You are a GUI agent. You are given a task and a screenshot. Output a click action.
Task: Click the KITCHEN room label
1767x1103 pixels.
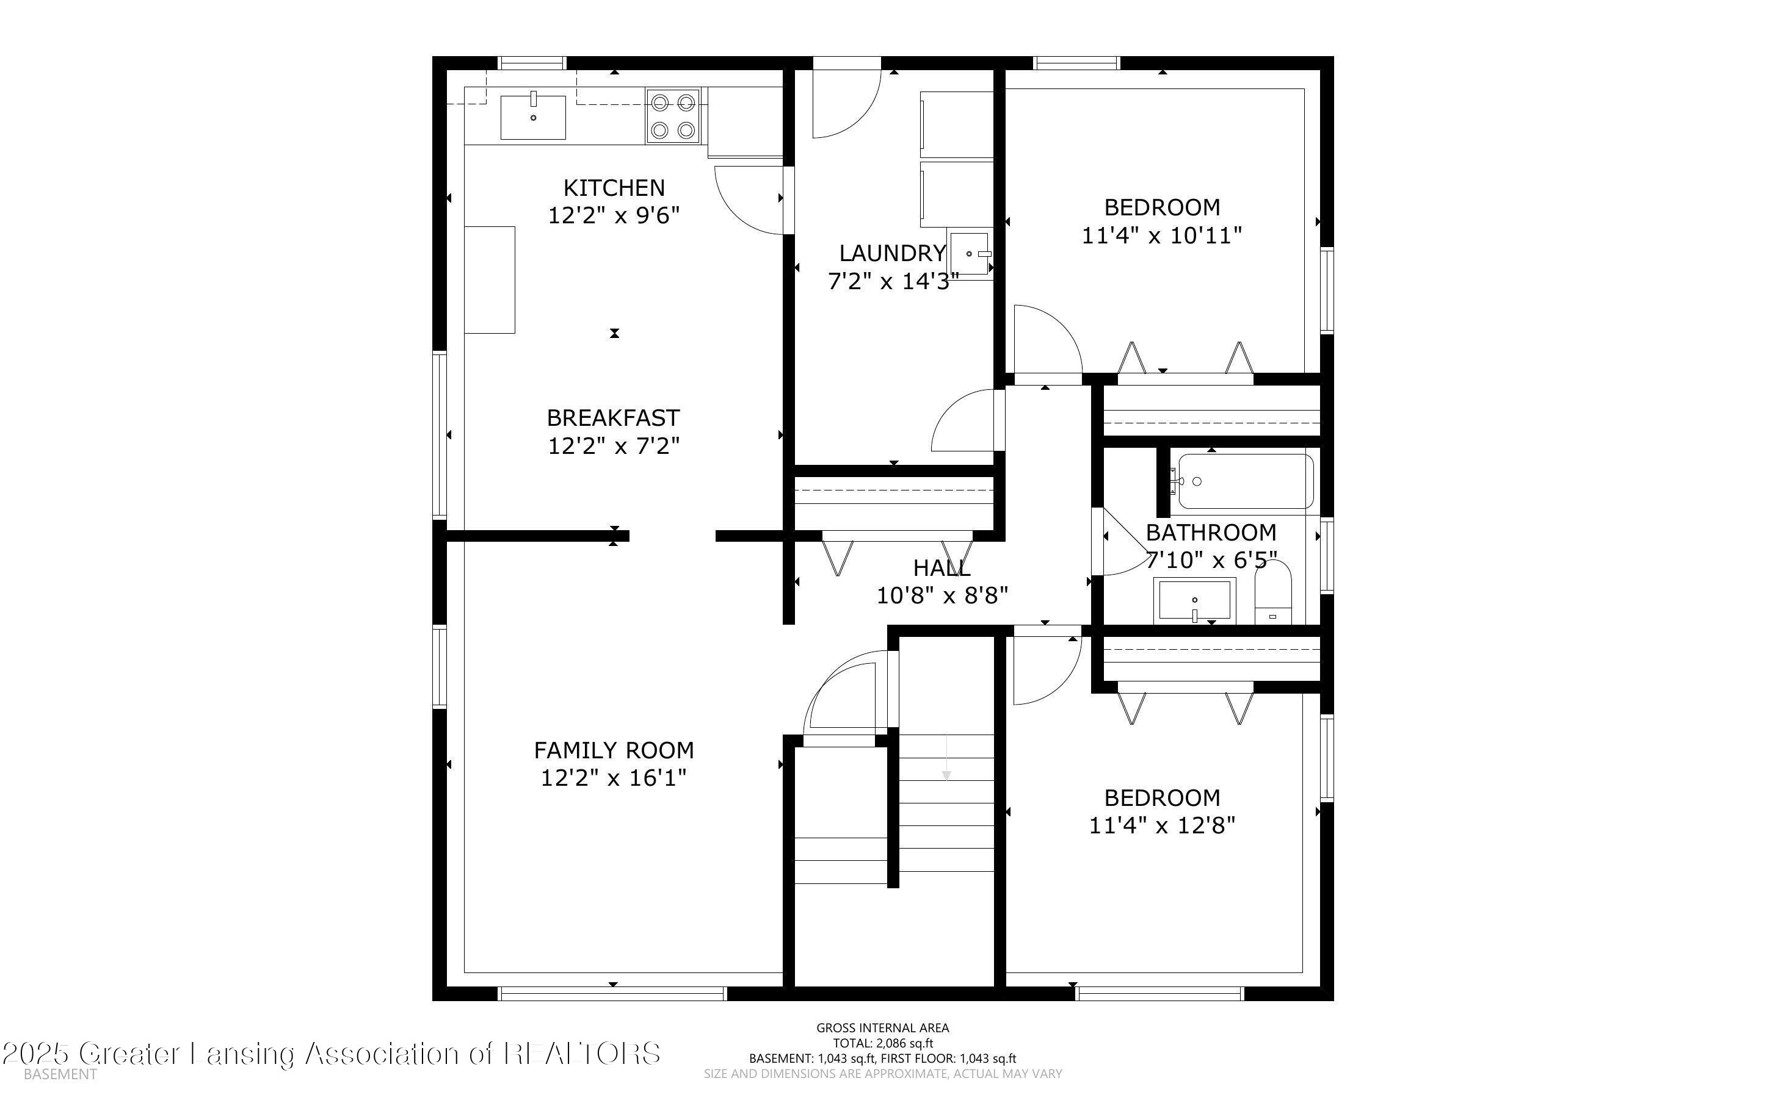tap(614, 189)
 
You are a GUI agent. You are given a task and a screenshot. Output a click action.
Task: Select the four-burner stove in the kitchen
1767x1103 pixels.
tap(672, 115)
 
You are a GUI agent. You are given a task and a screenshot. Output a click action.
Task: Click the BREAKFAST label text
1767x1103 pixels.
tap(613, 418)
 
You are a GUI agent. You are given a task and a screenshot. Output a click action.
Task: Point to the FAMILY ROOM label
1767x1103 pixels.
tap(614, 750)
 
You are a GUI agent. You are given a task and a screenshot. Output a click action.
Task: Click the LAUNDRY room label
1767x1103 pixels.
tap(893, 253)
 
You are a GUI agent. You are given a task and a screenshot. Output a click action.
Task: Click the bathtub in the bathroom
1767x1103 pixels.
tap(1246, 481)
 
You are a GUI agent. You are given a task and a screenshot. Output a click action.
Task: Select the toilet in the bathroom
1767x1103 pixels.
tap(1273, 592)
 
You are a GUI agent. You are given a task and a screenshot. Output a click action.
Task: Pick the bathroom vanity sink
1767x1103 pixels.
tap(1195, 600)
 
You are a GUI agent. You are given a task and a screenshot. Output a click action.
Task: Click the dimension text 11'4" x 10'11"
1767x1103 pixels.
tap(1162, 235)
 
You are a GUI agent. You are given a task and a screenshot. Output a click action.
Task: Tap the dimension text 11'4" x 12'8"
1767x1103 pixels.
tap(1162, 825)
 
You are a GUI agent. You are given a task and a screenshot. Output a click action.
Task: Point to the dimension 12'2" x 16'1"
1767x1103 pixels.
tap(614, 778)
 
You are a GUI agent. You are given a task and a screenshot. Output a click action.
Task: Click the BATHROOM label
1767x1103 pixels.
tap(1211, 533)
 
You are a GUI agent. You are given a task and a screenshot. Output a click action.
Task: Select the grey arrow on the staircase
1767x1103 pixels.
tap(946, 758)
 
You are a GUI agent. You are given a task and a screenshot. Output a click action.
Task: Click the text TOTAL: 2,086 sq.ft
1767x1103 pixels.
tap(883, 1043)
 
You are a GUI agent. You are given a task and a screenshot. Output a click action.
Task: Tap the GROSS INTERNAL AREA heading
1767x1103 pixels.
tap(883, 1028)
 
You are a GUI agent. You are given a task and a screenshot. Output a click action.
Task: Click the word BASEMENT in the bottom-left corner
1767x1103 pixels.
tap(60, 1074)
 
